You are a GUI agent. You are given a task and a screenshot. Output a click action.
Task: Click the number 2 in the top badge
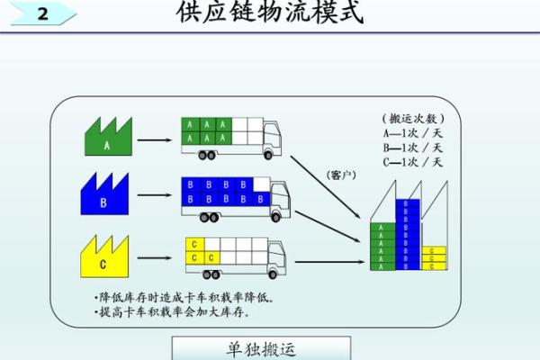41,15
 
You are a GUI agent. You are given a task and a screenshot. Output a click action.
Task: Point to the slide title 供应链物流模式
269,13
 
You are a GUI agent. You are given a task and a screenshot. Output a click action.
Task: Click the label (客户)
343,174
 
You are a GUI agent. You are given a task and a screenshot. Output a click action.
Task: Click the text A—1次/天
413,134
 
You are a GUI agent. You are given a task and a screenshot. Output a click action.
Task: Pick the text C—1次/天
413,162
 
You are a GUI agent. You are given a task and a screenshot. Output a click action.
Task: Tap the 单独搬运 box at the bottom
261,348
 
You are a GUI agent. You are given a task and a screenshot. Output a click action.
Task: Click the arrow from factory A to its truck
155,139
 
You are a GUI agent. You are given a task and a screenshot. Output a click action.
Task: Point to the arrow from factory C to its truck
155,258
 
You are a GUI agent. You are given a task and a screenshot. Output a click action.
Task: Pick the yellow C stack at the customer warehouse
433,258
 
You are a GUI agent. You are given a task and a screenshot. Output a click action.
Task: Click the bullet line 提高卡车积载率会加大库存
172,313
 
